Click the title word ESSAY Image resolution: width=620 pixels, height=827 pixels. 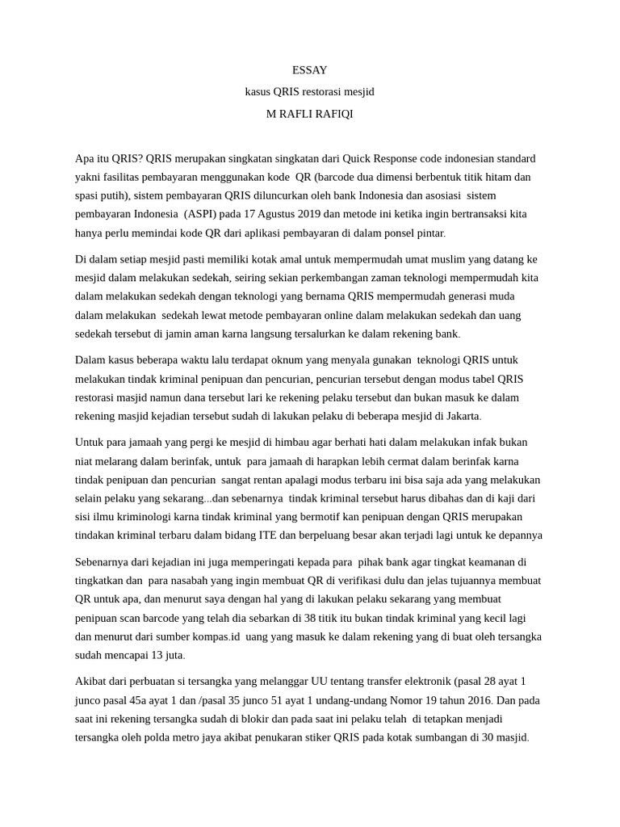(310, 70)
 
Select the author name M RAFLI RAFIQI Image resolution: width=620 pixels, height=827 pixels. (310, 114)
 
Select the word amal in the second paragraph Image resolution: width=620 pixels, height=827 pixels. (237, 259)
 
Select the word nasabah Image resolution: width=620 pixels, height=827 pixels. (191, 581)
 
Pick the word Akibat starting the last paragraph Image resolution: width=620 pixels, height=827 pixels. (91, 682)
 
